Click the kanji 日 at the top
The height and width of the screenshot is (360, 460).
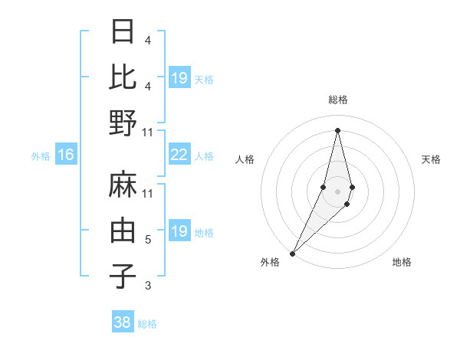(123, 31)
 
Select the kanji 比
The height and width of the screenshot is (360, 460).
(123, 77)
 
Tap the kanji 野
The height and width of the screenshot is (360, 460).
(123, 123)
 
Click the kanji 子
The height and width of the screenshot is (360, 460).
(123, 276)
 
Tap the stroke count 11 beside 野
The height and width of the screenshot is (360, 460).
(148, 133)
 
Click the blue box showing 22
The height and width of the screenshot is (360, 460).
(179, 155)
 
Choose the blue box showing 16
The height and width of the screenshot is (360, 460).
(65, 155)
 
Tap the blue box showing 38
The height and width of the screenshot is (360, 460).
(123, 322)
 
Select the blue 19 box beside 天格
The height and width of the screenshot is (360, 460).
(179, 78)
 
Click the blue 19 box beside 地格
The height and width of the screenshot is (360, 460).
(179, 232)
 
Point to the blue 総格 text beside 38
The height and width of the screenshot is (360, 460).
(147, 324)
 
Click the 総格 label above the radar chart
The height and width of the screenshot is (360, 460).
(337, 100)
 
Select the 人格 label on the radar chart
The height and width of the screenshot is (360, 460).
(245, 159)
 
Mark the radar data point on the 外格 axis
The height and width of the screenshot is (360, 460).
(292, 253)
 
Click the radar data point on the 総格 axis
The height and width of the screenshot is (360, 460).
(337, 129)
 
